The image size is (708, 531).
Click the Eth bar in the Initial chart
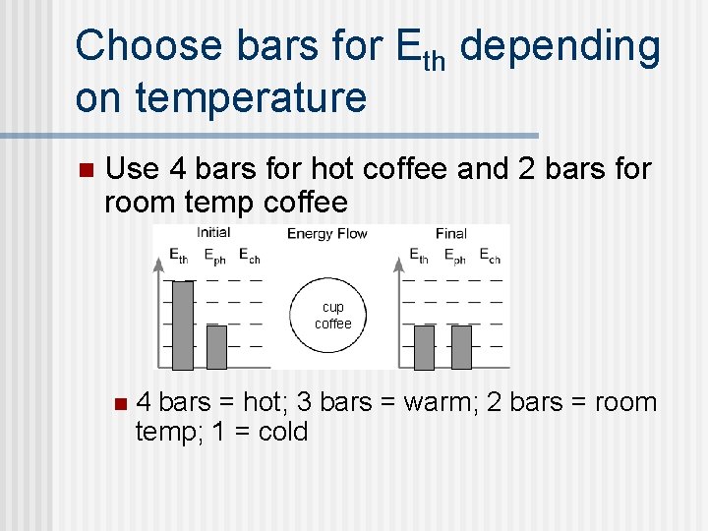[183, 325]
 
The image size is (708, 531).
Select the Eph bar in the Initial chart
[216, 347]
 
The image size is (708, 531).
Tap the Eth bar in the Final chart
[424, 347]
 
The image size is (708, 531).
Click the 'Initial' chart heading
[213, 233]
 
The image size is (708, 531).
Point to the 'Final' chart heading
[450, 234]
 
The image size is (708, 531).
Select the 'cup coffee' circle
[332, 316]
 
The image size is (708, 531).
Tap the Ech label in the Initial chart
[250, 256]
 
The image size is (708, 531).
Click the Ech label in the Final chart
[490, 256]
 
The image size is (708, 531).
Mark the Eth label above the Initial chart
[178, 256]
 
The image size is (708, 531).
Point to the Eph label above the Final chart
[454, 256]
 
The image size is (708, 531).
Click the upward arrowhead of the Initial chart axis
[158, 264]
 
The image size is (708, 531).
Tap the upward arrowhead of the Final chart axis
[399, 264]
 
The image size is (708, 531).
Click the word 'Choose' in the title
[147, 47]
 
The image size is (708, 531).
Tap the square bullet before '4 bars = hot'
[120, 402]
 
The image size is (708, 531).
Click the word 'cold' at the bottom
[282, 432]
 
